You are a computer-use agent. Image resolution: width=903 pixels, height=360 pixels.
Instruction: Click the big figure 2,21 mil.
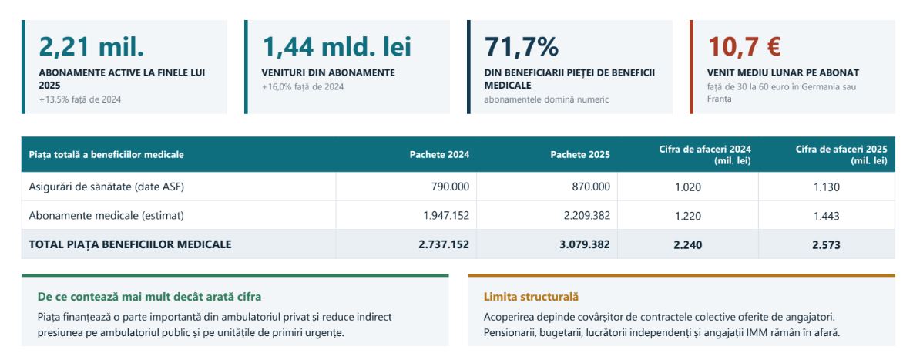[91, 47]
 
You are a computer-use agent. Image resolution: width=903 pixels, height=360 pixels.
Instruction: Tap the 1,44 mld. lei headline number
[337, 47]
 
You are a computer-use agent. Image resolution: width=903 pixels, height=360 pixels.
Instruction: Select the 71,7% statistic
[521, 47]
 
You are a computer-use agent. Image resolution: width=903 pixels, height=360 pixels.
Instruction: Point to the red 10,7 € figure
[744, 47]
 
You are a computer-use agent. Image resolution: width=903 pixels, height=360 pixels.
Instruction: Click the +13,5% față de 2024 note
[80, 99]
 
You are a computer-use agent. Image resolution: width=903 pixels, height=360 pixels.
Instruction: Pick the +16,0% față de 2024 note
[302, 87]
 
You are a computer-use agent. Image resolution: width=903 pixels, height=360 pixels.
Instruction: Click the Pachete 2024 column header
[439, 154]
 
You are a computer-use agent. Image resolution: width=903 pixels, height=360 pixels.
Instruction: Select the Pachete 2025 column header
[580, 154]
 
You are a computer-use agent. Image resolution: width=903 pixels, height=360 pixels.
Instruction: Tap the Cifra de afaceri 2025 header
[841, 154]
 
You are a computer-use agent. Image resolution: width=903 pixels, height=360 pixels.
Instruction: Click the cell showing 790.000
[451, 187]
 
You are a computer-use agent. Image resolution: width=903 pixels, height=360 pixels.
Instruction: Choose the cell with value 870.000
[591, 187]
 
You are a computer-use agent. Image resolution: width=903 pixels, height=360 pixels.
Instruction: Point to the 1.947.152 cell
[446, 215]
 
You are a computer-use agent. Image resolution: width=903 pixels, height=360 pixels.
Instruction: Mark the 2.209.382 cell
[587, 215]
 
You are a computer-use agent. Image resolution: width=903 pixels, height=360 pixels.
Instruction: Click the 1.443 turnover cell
[827, 216]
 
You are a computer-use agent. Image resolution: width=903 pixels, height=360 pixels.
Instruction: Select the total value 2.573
[827, 245]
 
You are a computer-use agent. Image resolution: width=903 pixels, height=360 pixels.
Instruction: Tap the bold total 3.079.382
[585, 245]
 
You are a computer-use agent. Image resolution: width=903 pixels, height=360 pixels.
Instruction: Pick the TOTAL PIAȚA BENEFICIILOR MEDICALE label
[130, 244]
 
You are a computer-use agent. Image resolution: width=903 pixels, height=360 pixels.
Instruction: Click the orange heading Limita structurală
[531, 298]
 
